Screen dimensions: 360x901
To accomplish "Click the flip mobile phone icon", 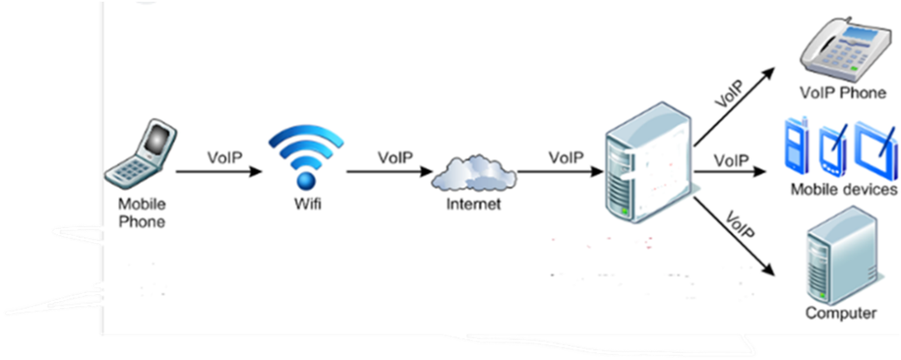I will pos(142,155).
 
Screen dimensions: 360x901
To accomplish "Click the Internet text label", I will pos(473,205).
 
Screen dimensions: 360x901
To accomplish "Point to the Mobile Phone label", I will pos(142,212).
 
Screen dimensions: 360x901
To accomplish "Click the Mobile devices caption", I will pos(843,189).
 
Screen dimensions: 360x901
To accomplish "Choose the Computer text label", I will pos(841,313).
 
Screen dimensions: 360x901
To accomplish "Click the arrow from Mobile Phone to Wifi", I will pos(219,172).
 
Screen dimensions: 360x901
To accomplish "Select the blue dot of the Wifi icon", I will pos(305,181).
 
